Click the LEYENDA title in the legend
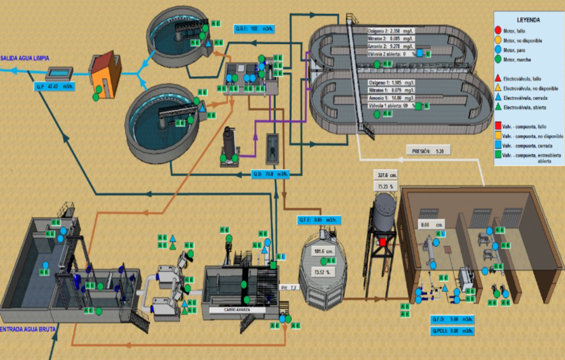529,20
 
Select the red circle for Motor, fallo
498,31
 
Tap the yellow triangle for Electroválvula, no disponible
498,87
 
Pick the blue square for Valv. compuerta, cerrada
498,146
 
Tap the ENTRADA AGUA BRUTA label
28,329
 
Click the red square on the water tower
383,242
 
